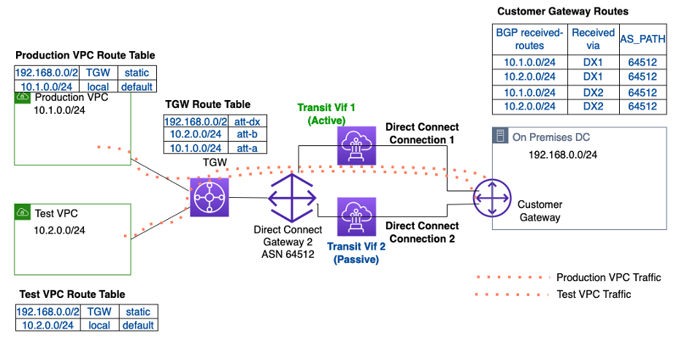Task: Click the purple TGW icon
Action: pos(210,197)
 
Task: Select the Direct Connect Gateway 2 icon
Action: pos(291,198)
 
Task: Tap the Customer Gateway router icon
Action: pos(491,197)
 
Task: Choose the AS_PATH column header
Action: pos(642,39)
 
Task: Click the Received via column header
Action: pos(593,39)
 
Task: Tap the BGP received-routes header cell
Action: pos(529,39)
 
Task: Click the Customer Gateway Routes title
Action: pos(562,12)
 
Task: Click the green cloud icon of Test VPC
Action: pos(22,212)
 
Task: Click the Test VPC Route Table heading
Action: pos(71,294)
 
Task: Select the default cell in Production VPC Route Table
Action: pos(137,86)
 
